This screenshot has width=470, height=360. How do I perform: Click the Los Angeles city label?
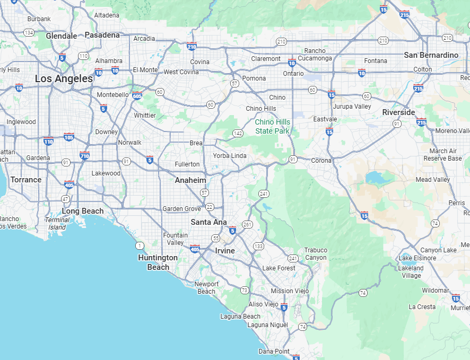(64, 78)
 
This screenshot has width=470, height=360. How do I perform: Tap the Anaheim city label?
(190, 180)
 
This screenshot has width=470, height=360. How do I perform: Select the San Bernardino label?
(431, 55)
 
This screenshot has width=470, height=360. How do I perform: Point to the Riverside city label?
(398, 112)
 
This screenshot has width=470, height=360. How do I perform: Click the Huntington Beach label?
(158, 262)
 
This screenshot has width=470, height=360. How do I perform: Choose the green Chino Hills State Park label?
(273, 126)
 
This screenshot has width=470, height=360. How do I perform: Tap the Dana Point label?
(274, 351)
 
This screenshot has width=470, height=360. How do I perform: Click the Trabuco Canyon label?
(316, 254)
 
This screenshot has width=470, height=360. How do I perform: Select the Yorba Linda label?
(230, 156)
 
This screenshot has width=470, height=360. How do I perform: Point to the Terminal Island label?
(57, 223)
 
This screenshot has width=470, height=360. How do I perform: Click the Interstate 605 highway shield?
(137, 95)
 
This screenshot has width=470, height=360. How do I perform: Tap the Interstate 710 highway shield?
(84, 155)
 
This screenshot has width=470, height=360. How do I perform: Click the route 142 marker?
(238, 133)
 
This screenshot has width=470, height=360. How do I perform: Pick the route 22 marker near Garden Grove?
(210, 207)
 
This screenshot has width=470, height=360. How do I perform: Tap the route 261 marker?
(247, 224)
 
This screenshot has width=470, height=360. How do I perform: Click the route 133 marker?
(258, 246)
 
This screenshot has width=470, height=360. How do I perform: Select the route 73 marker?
(244, 290)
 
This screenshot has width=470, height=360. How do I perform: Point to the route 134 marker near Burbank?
(29, 32)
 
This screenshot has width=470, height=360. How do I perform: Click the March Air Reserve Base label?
(442, 155)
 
